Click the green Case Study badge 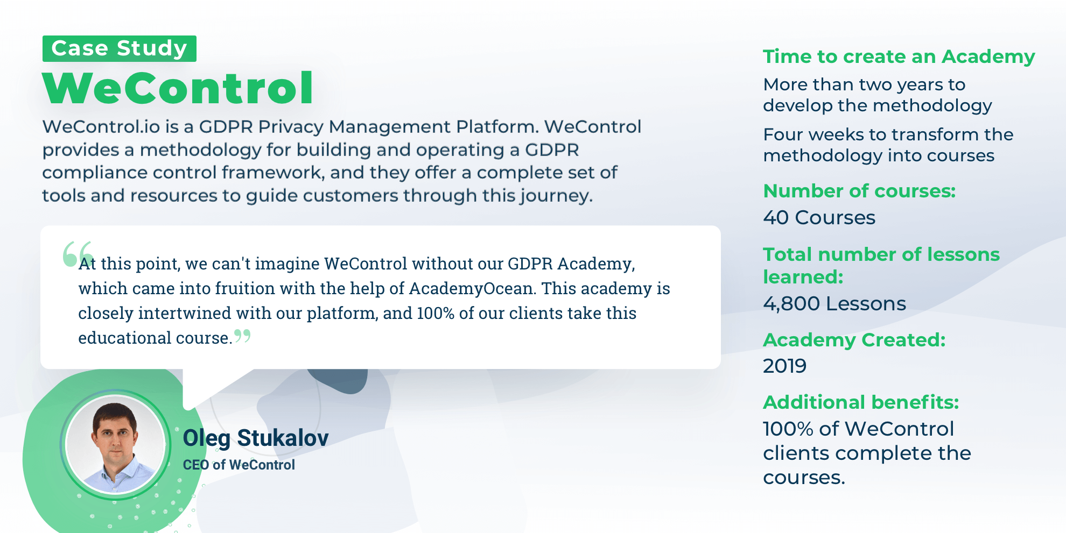[x=120, y=48]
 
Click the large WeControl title [x=178, y=88]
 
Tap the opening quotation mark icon [x=78, y=253]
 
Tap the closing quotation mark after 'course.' [x=243, y=336]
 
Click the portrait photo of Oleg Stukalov [x=115, y=444]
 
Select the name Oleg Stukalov [x=256, y=438]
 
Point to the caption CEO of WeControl [x=239, y=465]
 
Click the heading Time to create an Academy [x=899, y=57]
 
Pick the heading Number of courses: [x=859, y=191]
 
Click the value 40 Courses [x=819, y=217]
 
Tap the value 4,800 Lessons [x=834, y=303]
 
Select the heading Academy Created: [x=854, y=340]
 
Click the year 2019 [x=784, y=366]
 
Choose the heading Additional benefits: [x=861, y=402]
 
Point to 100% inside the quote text [x=436, y=313]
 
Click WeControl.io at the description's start [x=101, y=127]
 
